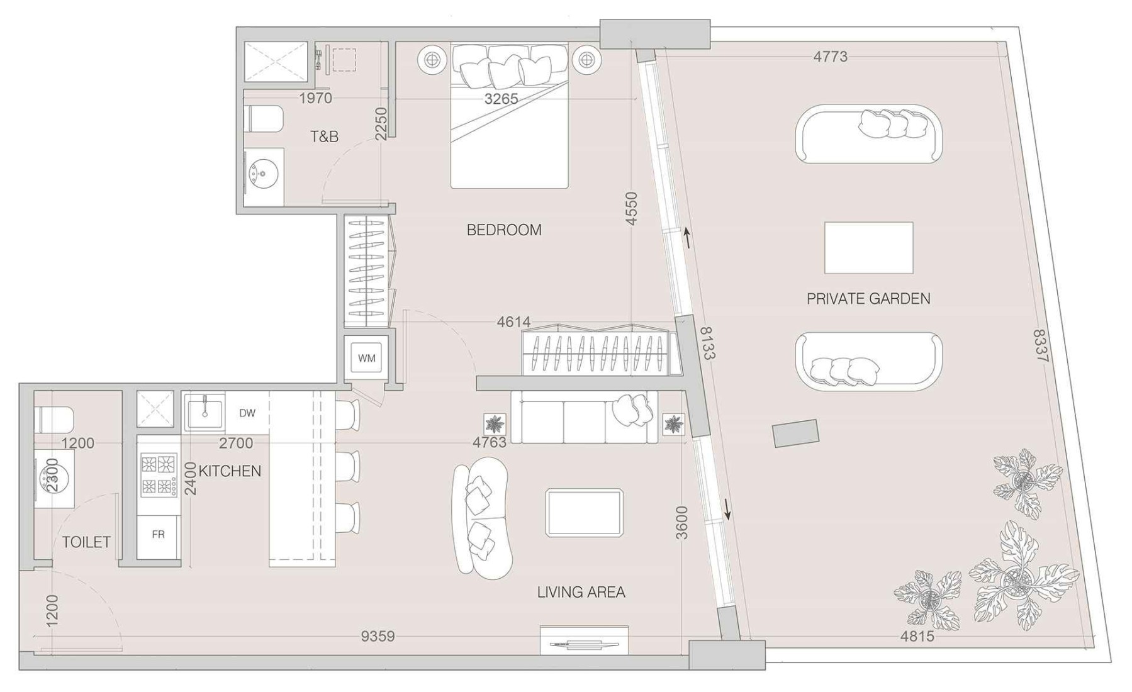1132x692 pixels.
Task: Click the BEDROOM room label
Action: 503,230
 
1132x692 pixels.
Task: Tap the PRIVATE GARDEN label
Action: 868,298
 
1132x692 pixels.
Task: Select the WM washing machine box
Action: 366,358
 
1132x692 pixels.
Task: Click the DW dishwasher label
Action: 247,413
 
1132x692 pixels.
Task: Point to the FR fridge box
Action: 158,535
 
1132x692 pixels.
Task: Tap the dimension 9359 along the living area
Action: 378,636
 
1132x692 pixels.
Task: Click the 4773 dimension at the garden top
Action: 830,57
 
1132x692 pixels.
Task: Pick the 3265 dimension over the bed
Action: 501,99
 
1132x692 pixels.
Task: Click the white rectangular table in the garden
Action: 868,248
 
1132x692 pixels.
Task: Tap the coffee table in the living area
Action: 584,513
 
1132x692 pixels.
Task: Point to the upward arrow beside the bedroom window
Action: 688,238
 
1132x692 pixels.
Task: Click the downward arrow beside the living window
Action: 728,509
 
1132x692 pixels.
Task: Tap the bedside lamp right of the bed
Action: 586,60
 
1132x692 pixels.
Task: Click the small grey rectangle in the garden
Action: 795,433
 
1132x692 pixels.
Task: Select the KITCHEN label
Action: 230,471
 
